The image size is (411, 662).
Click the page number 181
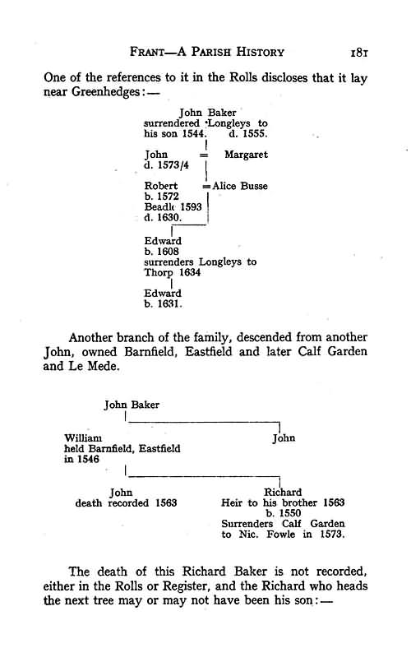359,53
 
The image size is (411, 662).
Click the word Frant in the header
147,52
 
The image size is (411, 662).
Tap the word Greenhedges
105,91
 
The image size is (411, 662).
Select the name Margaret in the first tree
246,155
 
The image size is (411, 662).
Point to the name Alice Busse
240,186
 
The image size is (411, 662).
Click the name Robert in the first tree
161,186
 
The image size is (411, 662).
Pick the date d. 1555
248,134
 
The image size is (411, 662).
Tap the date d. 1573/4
166,165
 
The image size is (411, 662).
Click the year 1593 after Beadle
191,207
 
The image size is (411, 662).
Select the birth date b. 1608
162,251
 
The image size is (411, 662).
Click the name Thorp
159,273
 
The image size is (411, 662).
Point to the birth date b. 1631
163,304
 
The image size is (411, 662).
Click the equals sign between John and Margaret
204,155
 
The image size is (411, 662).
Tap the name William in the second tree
83,438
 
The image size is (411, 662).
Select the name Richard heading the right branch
283,493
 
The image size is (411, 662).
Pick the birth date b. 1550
284,513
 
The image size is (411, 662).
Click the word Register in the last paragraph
185,586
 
